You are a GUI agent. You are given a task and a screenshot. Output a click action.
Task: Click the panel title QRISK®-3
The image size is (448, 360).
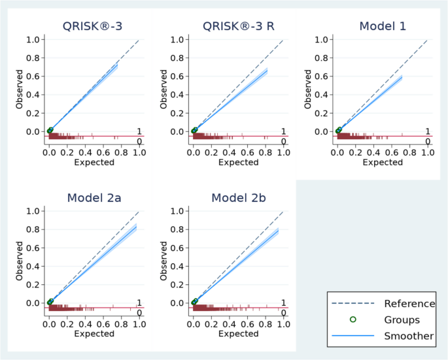[94, 26]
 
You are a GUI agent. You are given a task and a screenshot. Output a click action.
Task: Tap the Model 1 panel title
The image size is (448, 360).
[383, 26]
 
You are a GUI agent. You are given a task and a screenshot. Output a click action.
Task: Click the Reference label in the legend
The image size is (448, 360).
[409, 304]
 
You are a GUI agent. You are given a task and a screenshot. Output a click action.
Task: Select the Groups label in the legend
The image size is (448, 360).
[402, 320]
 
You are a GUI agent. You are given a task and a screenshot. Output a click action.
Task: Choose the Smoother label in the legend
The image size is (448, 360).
[409, 336]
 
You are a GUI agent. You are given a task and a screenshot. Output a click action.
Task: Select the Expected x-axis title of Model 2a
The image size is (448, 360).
[94, 333]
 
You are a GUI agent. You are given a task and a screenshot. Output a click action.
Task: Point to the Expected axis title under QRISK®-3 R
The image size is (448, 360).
[238, 161]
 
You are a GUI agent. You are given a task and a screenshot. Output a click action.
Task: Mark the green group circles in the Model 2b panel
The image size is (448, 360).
[194, 302]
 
